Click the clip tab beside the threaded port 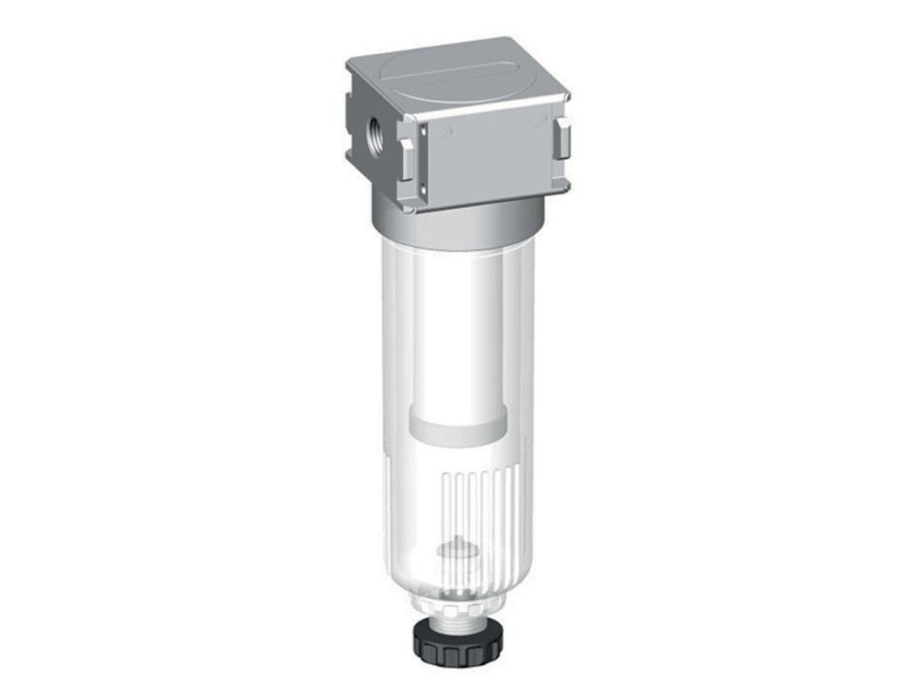pos(406,152)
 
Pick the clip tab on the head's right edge pos(562,140)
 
